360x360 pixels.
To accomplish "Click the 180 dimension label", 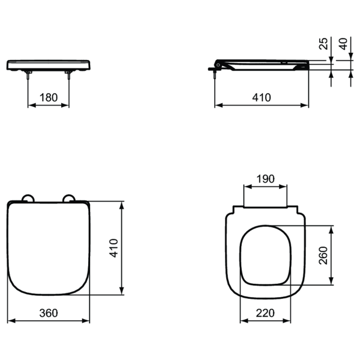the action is point(49,98).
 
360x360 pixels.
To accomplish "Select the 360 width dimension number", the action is point(49,313).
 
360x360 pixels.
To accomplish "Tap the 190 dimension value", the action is point(265,179).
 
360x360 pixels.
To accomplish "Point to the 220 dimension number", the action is point(265,313).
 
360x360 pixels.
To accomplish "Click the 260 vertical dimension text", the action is point(323,256).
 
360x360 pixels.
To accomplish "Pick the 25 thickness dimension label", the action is point(323,44).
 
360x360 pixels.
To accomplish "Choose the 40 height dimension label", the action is point(343,44).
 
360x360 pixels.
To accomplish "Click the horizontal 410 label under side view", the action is point(262,98).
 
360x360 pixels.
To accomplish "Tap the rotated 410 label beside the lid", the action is point(113,248).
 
